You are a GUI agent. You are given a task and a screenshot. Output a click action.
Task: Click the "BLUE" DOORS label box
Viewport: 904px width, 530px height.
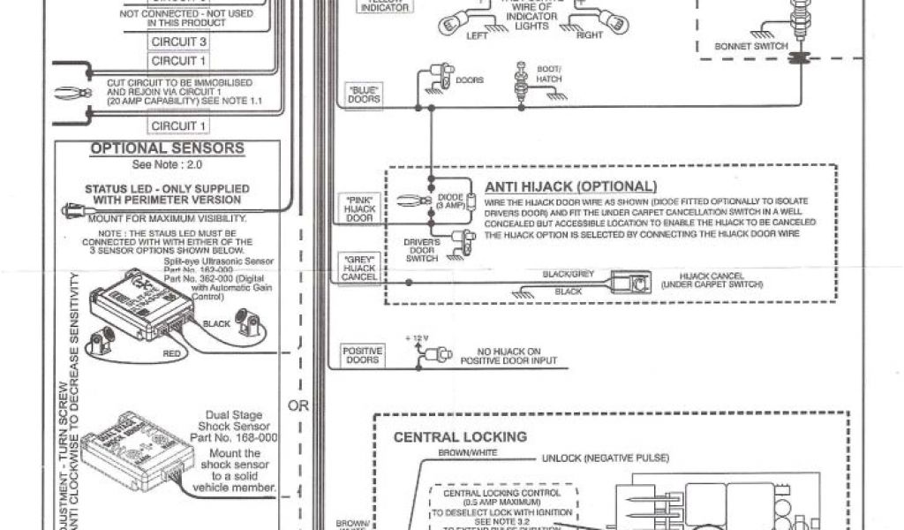pyautogui.click(x=364, y=95)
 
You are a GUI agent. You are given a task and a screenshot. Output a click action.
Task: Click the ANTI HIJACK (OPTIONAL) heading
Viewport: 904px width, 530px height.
pyautogui.click(x=570, y=186)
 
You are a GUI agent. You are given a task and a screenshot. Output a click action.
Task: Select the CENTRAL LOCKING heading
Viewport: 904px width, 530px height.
pyautogui.click(x=459, y=436)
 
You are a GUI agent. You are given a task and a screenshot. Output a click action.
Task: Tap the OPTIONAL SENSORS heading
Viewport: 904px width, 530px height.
pyautogui.click(x=167, y=148)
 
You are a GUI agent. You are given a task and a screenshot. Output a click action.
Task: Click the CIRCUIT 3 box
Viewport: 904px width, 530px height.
pyautogui.click(x=179, y=42)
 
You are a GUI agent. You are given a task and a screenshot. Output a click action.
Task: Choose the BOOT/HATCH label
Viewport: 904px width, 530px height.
pyautogui.click(x=549, y=73)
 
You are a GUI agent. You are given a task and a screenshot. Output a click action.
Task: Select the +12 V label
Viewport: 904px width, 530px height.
pyautogui.click(x=415, y=339)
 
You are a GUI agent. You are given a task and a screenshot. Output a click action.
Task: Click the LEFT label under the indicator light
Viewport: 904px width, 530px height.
pyautogui.click(x=477, y=36)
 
